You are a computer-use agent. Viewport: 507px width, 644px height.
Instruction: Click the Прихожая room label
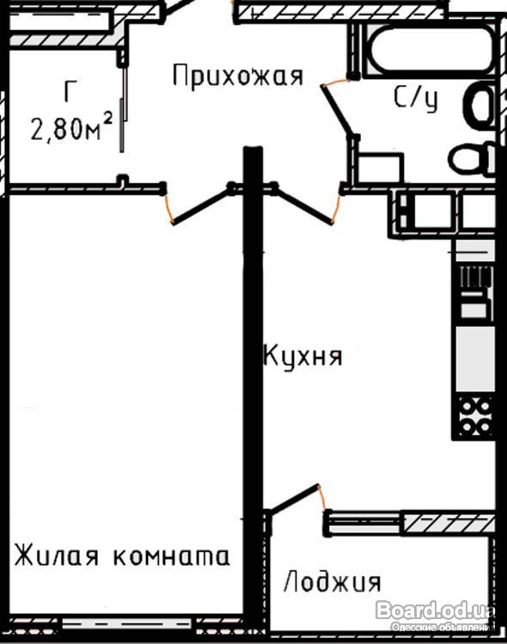tap(238, 76)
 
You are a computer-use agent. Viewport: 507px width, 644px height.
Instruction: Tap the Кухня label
tap(302, 355)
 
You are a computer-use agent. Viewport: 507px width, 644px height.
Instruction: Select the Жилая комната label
tap(122, 556)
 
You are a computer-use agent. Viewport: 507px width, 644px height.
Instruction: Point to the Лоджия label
tap(333, 581)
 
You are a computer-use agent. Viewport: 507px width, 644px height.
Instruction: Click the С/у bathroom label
tap(415, 98)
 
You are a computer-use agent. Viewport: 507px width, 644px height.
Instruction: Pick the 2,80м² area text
tap(71, 128)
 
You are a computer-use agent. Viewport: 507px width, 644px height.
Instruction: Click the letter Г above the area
tap(70, 91)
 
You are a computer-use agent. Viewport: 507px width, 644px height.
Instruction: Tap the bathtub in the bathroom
tap(430, 49)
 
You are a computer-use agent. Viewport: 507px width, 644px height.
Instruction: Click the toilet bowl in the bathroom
tap(472, 159)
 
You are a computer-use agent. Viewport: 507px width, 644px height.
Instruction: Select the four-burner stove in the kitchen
tap(475, 416)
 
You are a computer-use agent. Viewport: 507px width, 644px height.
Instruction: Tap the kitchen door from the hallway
tap(302, 204)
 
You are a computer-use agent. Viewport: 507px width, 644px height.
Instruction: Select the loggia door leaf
tap(293, 499)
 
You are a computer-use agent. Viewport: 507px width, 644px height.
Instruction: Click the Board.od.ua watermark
tap(435, 610)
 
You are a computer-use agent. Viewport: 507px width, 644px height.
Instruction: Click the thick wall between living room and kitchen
tap(253, 386)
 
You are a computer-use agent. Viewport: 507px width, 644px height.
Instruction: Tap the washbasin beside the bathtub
tap(479, 103)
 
